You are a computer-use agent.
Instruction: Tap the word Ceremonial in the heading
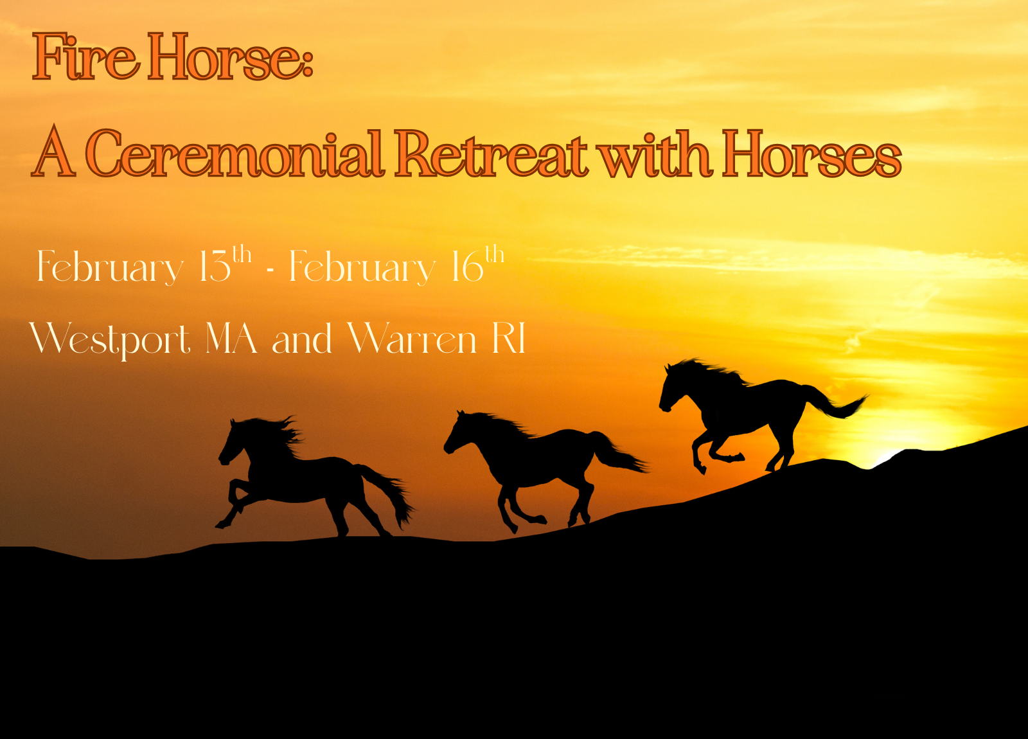(x=235, y=154)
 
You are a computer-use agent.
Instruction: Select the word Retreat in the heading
(x=490, y=154)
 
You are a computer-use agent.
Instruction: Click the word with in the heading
(x=654, y=154)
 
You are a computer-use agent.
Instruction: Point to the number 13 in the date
(x=215, y=267)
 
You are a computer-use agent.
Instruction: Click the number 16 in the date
(x=467, y=267)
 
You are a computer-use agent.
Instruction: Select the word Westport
(x=110, y=339)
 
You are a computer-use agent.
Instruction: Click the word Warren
(x=412, y=339)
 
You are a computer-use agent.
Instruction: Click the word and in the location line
(x=301, y=339)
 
